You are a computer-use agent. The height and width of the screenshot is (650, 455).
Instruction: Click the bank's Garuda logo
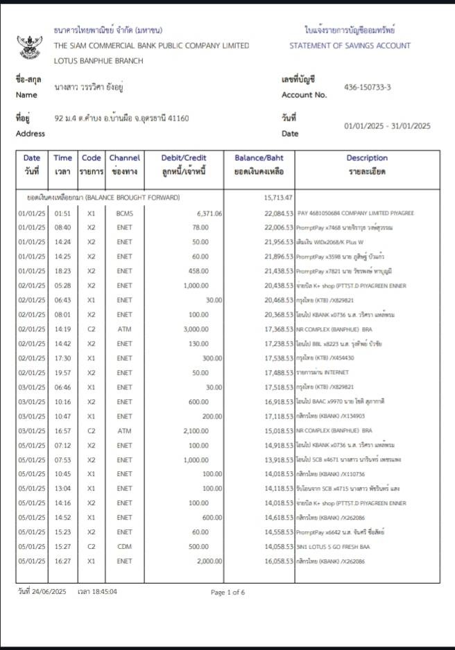click(29, 45)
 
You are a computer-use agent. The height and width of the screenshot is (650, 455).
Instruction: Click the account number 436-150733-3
click(367, 87)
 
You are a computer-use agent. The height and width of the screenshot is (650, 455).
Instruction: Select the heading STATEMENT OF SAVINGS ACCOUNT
click(350, 46)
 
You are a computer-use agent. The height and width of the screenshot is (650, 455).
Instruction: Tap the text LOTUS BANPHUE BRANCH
click(98, 61)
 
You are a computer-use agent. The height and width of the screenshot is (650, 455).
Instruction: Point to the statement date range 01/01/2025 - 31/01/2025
click(387, 126)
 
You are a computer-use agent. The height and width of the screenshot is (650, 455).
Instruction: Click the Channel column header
click(124, 158)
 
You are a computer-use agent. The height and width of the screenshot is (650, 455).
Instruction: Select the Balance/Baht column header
click(259, 158)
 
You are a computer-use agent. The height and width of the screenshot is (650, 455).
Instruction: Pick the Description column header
click(367, 158)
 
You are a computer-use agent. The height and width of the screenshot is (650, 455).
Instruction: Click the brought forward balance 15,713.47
click(278, 197)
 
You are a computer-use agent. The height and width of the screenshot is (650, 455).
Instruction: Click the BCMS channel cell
click(124, 213)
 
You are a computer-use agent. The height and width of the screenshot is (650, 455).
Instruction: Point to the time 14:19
click(62, 329)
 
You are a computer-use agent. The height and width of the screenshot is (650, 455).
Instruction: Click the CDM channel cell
click(124, 547)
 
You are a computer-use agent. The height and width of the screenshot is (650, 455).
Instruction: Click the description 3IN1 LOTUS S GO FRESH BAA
click(332, 547)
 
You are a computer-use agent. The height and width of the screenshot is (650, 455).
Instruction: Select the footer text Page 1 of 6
click(227, 592)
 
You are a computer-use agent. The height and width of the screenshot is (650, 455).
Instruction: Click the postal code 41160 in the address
click(178, 118)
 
